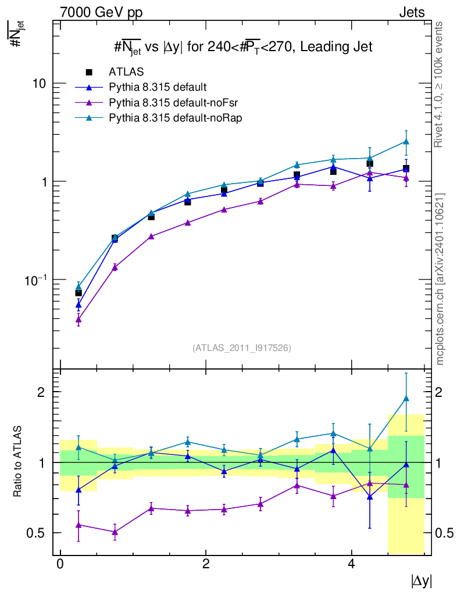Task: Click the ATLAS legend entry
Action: coord(126,72)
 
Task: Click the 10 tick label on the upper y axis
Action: coord(40,83)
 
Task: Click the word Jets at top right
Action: coord(412,12)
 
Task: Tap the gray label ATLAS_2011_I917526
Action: coord(242,348)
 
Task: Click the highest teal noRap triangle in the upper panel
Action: coord(406,142)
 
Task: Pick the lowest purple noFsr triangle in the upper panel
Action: coord(78,320)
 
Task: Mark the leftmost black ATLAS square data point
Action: coord(78,293)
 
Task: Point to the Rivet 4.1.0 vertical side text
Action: coord(441,84)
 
